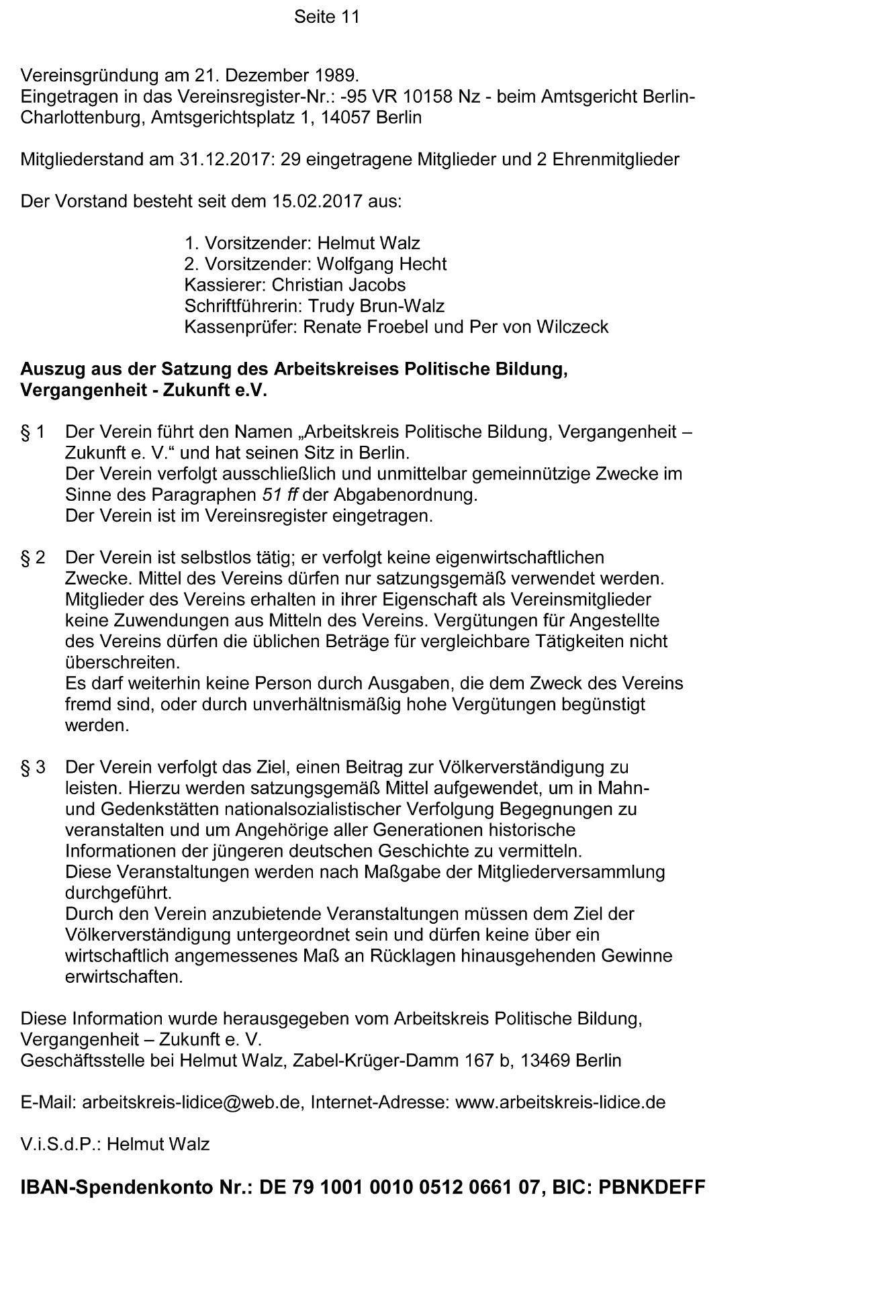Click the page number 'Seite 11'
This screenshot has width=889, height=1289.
(326, 17)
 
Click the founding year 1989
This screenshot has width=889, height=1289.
(336, 75)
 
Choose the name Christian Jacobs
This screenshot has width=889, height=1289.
(338, 285)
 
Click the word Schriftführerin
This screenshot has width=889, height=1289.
(243, 307)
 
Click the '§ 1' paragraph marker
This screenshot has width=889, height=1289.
(33, 432)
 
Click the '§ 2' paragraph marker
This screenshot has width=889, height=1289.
(33, 558)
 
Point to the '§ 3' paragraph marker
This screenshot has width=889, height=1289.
(33, 767)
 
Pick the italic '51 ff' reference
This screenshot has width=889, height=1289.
(278, 495)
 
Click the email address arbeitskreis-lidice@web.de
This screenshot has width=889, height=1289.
(191, 1103)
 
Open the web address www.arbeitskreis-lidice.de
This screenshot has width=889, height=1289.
(560, 1103)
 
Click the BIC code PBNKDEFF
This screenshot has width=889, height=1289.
(651, 1188)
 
